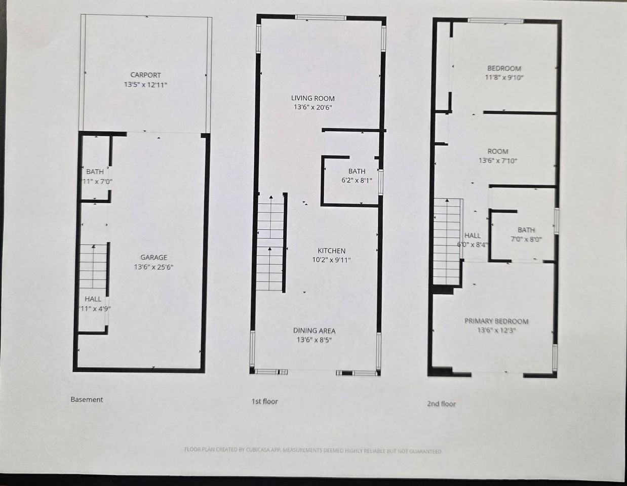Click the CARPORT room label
pos(146,75)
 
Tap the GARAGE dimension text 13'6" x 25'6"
pos(153,267)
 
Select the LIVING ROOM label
pos(312,98)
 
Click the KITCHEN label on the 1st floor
pos(331,251)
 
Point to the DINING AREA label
pos(314,331)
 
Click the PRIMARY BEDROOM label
pos(496,321)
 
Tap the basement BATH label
pos(95,172)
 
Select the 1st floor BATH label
pos(357,171)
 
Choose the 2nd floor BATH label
pos(526,230)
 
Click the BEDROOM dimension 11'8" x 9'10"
pos(504,78)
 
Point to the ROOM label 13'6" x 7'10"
pos(498,151)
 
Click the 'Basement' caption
pos(87,399)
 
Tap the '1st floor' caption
pos(264,401)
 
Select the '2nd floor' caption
pos(441,403)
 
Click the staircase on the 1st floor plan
pos(270,243)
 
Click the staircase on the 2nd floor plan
pos(447,240)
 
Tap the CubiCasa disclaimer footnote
pos(313,450)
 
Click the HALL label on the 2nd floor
pos(472,235)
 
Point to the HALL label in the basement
pos(93,299)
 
